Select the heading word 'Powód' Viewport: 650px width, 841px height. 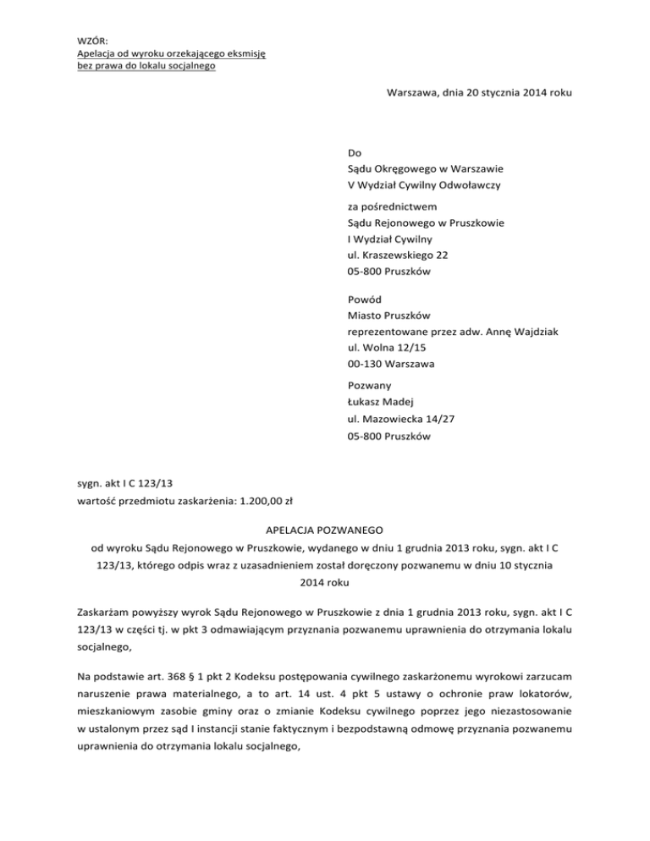coord(365,299)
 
